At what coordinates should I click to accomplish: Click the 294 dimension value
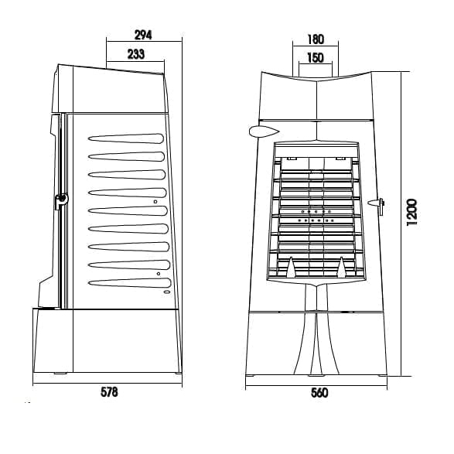click(x=143, y=35)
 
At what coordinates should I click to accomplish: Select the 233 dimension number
click(x=136, y=54)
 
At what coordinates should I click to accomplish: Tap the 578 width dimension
click(x=109, y=392)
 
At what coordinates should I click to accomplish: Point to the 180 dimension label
click(x=316, y=39)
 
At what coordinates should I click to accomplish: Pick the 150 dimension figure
click(x=316, y=57)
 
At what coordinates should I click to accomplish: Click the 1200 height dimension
click(x=411, y=212)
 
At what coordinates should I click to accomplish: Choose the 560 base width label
click(x=319, y=393)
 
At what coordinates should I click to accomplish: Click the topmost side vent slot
click(x=126, y=138)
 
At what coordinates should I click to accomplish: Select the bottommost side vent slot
click(x=130, y=283)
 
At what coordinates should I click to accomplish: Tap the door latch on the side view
click(x=61, y=200)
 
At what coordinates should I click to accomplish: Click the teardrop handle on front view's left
click(x=264, y=131)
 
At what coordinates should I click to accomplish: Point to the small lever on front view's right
click(x=377, y=204)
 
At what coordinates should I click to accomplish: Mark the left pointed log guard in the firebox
click(x=291, y=267)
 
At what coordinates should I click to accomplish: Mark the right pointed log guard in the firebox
click(x=342, y=267)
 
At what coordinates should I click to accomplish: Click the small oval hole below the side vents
click(x=167, y=292)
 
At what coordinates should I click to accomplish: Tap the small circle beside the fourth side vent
click(x=155, y=202)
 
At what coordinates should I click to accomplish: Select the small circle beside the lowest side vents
click(x=159, y=274)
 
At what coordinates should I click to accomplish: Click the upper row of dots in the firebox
click(x=316, y=212)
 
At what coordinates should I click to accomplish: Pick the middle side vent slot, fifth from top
click(x=128, y=211)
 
